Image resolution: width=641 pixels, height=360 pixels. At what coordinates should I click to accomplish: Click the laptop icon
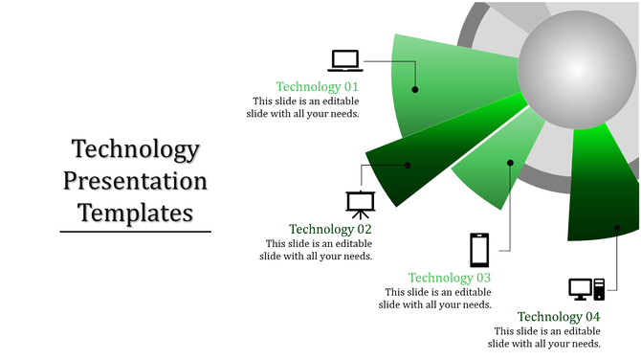[x=345, y=60]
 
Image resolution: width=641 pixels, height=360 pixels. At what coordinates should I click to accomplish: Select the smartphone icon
[x=479, y=250]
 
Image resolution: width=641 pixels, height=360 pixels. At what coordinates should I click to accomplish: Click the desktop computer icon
[x=586, y=288]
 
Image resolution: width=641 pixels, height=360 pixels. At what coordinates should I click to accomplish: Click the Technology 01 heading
[x=317, y=86]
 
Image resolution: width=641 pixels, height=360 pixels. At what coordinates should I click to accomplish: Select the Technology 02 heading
[x=330, y=229]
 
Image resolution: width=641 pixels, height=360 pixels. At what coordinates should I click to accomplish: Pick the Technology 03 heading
[x=450, y=278]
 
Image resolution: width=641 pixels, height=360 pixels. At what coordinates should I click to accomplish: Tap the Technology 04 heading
[x=559, y=317]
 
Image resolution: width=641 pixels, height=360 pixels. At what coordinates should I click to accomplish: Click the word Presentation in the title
[x=135, y=180]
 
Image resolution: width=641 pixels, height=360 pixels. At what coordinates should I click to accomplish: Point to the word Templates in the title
[x=135, y=211]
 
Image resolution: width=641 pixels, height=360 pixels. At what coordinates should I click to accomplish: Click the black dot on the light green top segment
[x=415, y=90]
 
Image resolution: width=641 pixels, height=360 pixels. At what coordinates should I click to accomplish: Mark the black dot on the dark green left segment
[x=408, y=166]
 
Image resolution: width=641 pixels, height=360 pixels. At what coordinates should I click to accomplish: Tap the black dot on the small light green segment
[x=510, y=163]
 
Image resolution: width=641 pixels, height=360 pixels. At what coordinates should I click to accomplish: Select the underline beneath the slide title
[x=135, y=231]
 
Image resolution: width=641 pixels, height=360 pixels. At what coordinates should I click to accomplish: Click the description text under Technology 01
[x=305, y=107]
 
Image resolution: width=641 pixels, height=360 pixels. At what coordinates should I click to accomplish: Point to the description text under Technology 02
[x=318, y=250]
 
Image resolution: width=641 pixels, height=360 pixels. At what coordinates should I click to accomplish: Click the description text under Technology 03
[x=436, y=299]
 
